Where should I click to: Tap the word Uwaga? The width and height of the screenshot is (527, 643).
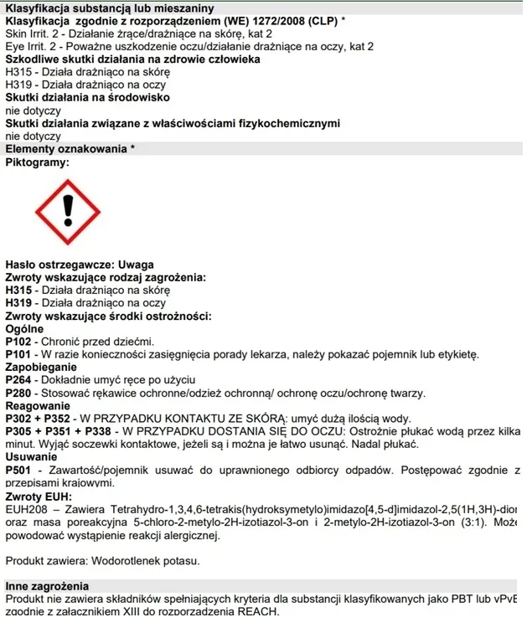click(x=137, y=265)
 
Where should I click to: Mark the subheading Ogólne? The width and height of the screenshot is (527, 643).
click(x=24, y=329)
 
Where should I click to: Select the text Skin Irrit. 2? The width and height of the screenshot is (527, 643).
click(x=34, y=33)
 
